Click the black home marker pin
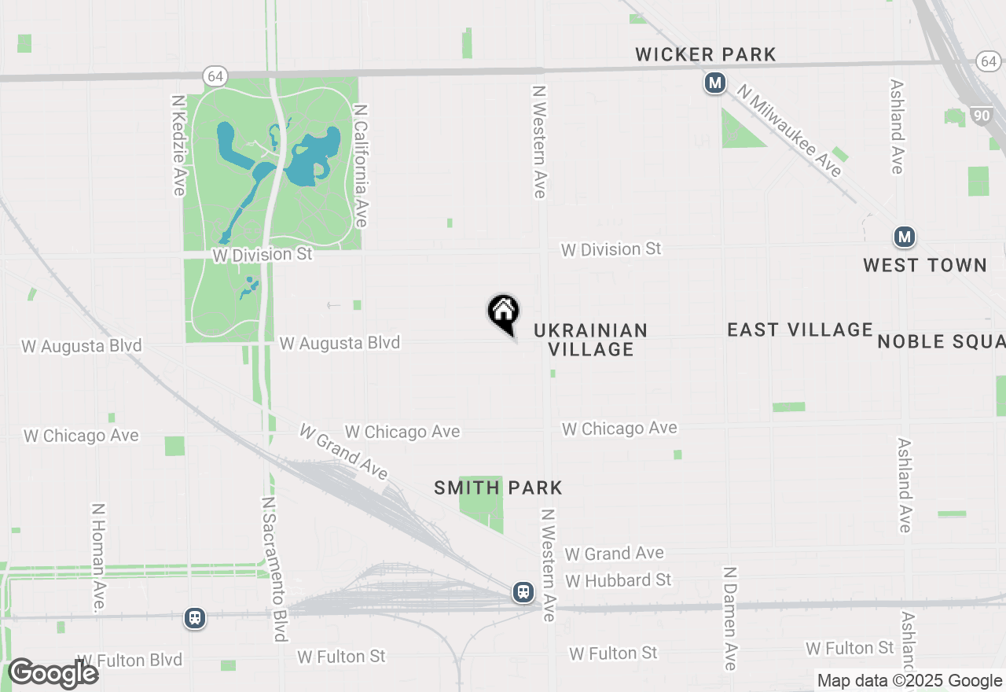[x=503, y=313]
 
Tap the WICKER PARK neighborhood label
[x=706, y=54]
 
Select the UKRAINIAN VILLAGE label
[x=591, y=340]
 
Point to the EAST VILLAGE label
[x=800, y=329]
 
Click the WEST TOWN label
[x=925, y=265]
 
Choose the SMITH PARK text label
[x=498, y=488]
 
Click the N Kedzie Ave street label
[x=178, y=145]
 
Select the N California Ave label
[x=361, y=166]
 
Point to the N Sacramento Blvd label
[x=273, y=569]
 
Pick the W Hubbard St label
[x=619, y=580]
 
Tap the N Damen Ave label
[x=730, y=618]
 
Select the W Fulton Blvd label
[x=130, y=660]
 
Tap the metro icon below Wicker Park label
[x=714, y=83]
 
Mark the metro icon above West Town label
[x=905, y=236]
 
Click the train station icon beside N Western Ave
[x=523, y=592]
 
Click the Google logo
[x=53, y=673]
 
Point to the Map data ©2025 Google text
[x=909, y=681]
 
